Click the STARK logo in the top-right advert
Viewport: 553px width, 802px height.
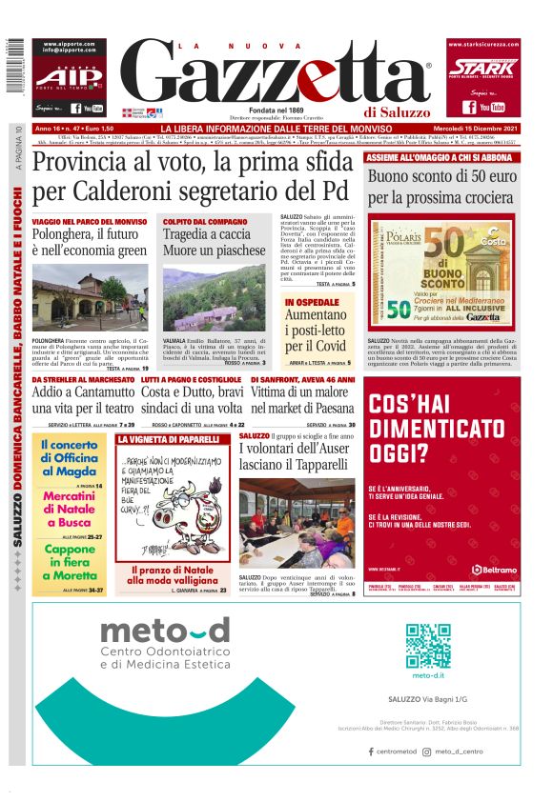(483, 69)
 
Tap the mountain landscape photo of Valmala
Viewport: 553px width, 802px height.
(215, 299)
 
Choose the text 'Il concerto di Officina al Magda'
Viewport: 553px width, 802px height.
(70, 458)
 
